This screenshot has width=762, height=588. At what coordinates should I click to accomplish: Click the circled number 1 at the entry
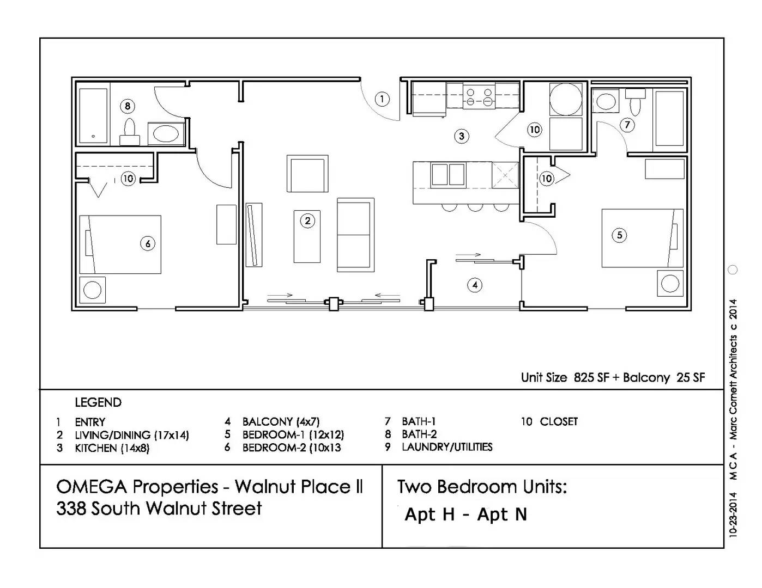coord(382,99)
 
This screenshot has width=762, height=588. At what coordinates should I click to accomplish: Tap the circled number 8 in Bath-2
coord(128,106)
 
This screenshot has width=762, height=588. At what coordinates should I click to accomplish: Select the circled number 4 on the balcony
coord(475,285)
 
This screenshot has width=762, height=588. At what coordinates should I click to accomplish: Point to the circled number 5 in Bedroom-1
coord(619,235)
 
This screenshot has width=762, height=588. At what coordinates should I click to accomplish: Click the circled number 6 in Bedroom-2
coord(148,243)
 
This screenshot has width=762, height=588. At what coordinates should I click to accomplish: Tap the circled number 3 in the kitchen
coord(462,136)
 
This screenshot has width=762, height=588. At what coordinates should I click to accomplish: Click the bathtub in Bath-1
coord(669,119)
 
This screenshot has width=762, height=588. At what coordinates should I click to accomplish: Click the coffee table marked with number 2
coord(307,237)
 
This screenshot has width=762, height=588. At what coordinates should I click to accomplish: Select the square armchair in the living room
coord(307,174)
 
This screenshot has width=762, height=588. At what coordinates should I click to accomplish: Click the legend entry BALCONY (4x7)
coord(281,421)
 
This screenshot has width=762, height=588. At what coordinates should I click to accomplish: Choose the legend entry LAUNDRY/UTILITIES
coord(446,447)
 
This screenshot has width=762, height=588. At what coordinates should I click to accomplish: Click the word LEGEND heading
coord(98,402)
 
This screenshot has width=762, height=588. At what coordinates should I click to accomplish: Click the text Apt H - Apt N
coord(465,514)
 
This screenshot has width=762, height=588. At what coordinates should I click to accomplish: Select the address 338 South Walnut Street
coord(159,509)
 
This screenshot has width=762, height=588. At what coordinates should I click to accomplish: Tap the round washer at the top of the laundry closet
coord(566,99)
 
